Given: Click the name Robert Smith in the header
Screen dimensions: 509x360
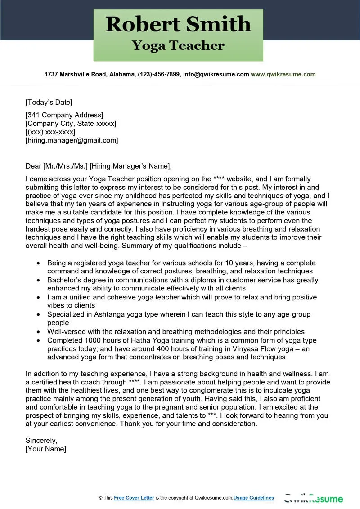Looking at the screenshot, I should [178, 24].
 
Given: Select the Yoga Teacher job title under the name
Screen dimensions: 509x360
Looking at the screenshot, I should [178, 45].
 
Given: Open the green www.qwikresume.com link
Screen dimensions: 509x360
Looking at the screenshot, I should [283, 74].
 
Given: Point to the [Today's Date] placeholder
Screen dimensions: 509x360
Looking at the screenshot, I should [49, 102].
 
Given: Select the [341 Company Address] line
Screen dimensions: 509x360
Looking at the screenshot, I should [64, 115].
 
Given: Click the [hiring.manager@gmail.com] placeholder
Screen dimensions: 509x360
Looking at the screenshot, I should [72, 140].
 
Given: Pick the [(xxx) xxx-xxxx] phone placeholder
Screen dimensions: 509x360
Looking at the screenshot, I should [50, 132].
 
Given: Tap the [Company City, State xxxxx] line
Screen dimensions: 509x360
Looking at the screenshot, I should [71, 124].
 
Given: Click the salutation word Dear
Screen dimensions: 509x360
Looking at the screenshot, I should [33, 166].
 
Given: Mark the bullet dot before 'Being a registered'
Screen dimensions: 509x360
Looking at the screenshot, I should [38, 263].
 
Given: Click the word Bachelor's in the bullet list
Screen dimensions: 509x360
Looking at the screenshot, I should [64, 280].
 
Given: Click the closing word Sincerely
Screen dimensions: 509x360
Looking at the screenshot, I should [41, 441].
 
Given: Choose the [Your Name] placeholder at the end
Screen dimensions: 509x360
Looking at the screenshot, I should [46, 449].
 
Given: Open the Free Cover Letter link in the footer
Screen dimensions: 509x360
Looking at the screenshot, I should [134, 498].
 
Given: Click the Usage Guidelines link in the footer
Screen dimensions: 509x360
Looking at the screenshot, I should [254, 498].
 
